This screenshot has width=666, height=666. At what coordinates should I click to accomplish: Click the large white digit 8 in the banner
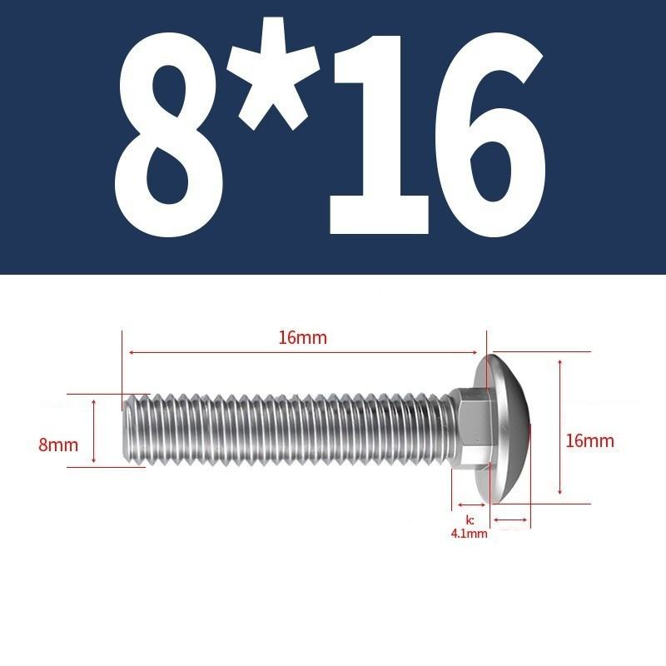[x=169, y=137]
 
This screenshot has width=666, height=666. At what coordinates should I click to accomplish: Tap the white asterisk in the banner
[x=273, y=73]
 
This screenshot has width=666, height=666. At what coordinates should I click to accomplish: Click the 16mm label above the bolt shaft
[x=303, y=338]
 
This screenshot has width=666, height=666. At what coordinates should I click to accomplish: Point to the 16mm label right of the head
[x=589, y=441]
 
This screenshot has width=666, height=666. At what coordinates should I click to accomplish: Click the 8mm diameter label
[x=58, y=445]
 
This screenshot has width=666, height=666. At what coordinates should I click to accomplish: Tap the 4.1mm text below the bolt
[x=469, y=534]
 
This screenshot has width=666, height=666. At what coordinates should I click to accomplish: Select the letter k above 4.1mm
[x=470, y=520]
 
